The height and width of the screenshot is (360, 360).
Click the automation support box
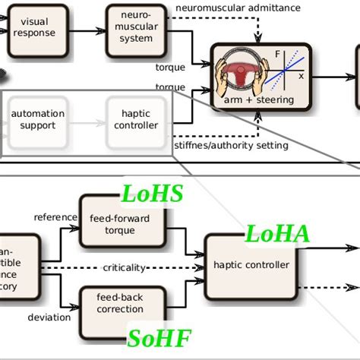tap(38, 119)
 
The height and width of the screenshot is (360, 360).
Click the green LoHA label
tap(276, 234)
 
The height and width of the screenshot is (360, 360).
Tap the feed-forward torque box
tap(120, 223)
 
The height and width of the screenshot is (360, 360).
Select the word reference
tap(55, 217)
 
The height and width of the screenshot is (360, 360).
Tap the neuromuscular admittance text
tap(238, 8)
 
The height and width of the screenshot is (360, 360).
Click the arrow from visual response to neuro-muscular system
tap(88, 30)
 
